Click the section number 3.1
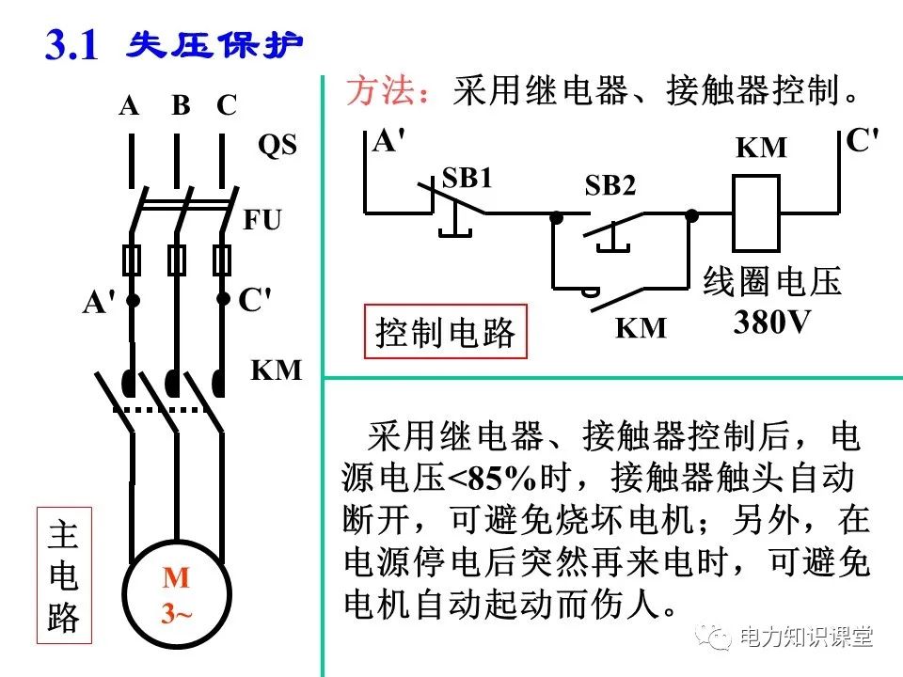(x=71, y=44)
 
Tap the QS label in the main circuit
(x=277, y=146)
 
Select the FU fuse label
(x=262, y=220)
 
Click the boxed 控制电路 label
(x=446, y=332)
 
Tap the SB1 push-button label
(x=467, y=179)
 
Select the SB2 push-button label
(x=610, y=185)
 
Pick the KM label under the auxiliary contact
(x=641, y=328)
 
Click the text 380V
(x=771, y=323)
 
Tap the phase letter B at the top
(x=181, y=105)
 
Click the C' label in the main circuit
(x=254, y=300)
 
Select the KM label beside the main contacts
(x=276, y=370)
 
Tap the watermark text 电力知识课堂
(x=806, y=637)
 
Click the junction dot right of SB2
(x=692, y=215)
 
